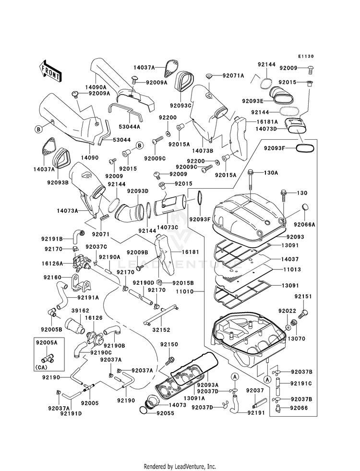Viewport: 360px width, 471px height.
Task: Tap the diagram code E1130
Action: tap(306, 56)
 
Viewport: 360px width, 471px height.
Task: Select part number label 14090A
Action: tap(96, 87)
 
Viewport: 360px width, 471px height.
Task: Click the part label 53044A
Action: tap(130, 127)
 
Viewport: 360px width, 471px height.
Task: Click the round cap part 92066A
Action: tap(306, 207)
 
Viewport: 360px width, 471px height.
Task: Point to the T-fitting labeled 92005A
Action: tap(47, 358)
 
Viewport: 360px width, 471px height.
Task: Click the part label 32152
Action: tap(161, 329)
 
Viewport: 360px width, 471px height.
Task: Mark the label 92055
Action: tap(165, 413)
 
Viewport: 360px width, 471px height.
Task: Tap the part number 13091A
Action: tap(194, 398)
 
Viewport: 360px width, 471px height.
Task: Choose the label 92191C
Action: tap(301, 383)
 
